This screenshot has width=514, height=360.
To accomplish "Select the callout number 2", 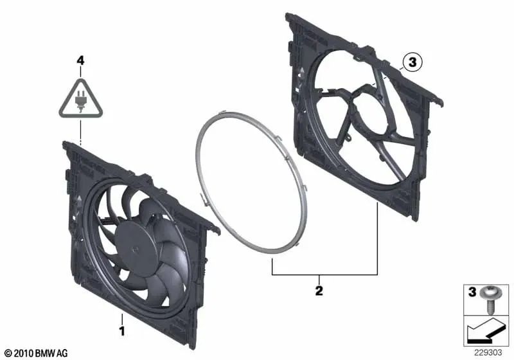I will (319, 291).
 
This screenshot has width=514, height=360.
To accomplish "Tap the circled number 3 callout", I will (411, 62).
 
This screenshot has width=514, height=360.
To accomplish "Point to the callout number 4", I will (80, 60).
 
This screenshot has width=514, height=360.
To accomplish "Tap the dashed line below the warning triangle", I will (80, 131).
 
